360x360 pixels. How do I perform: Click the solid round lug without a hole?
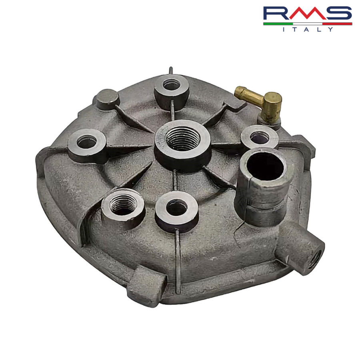click(107, 98)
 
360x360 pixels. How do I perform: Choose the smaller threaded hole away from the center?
click(123, 206)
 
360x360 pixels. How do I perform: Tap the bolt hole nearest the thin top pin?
click(172, 85)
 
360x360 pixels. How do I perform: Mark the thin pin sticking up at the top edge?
click(171, 71)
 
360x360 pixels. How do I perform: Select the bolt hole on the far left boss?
click(87, 142)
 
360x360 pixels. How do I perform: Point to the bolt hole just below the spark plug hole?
click(177, 207)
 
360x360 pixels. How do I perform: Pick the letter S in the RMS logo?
click(338, 14)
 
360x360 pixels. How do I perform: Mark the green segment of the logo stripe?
click(278, 24)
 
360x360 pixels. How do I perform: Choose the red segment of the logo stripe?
click(337, 24)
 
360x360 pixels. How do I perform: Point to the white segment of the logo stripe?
click(307, 24)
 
